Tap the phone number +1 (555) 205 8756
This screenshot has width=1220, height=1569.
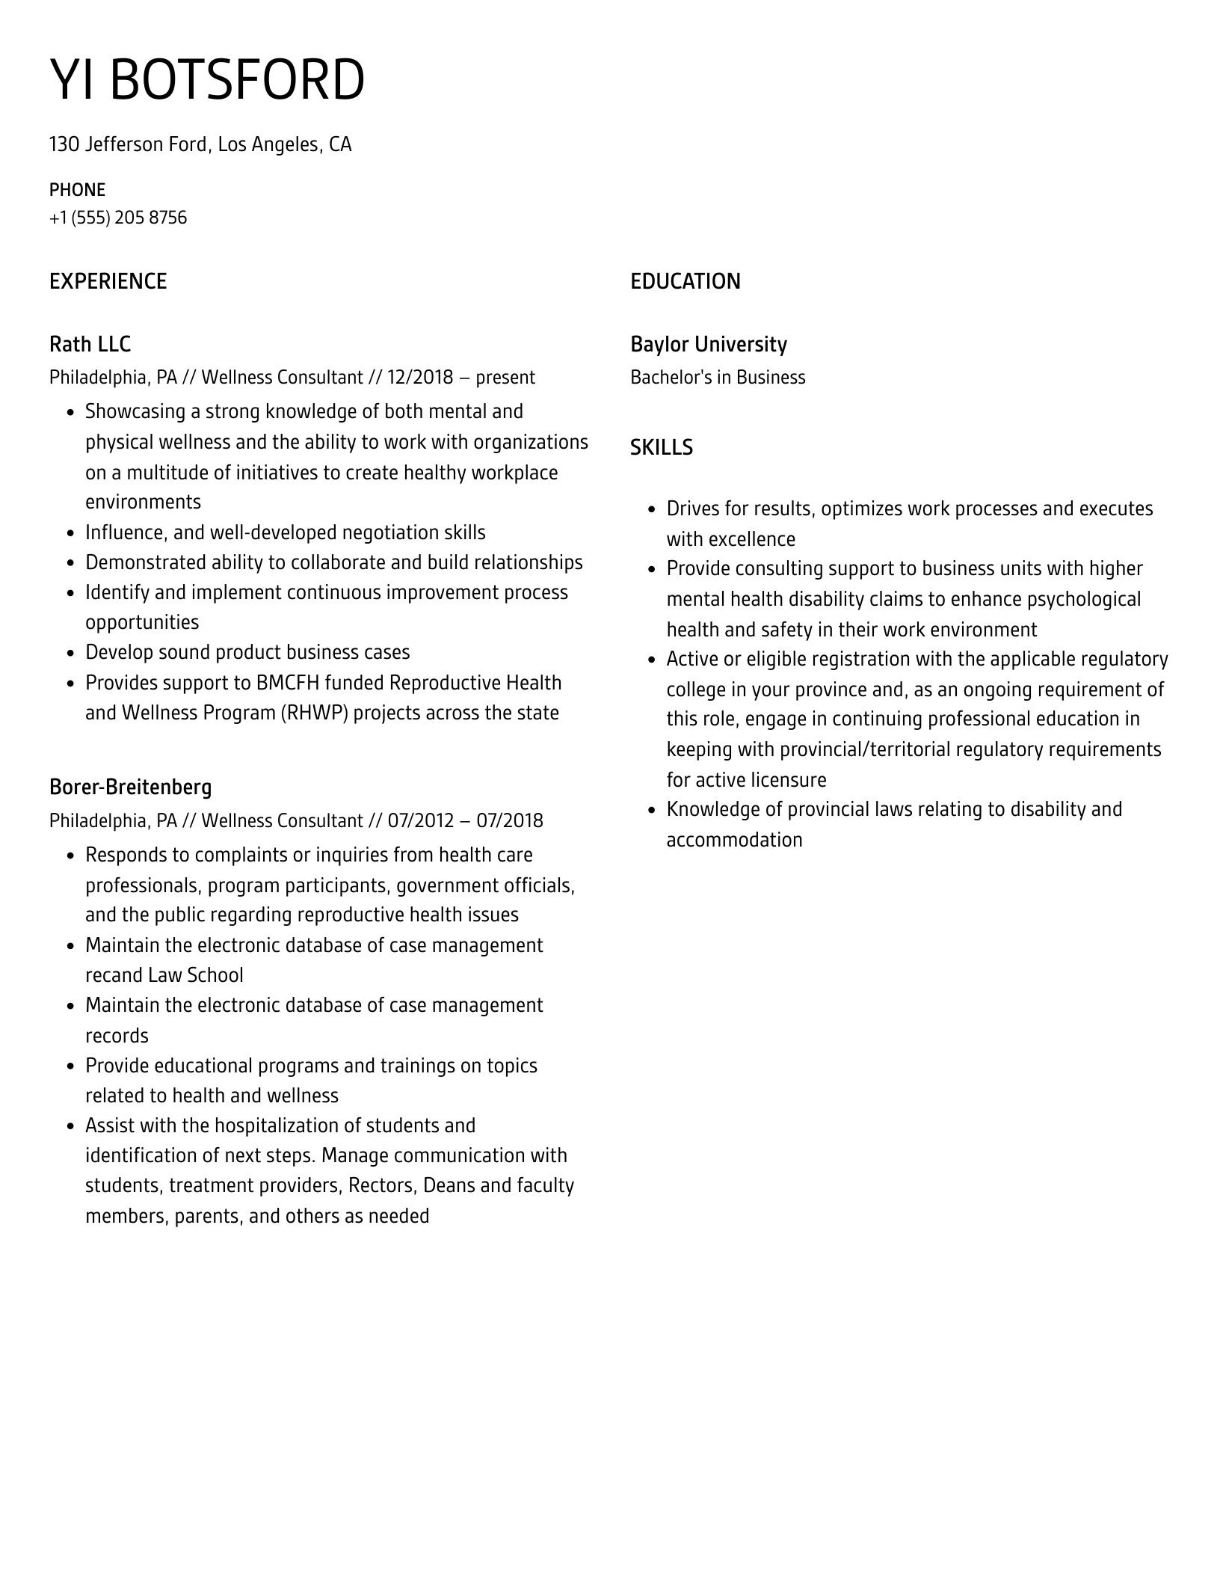point(118,218)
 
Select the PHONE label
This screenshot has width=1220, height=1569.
point(77,190)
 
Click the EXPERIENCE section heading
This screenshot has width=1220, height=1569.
point(108,282)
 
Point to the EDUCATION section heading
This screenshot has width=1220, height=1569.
point(685,282)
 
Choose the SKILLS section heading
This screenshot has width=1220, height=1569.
point(661,447)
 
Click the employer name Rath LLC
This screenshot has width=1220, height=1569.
point(90,344)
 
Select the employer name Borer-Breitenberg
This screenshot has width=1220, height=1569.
point(130,787)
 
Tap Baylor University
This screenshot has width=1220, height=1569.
point(708,344)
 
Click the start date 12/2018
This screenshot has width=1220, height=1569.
point(420,377)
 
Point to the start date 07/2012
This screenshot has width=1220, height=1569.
point(421,820)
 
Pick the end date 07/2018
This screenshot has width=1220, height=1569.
point(509,820)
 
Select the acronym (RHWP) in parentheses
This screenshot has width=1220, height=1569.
point(314,713)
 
